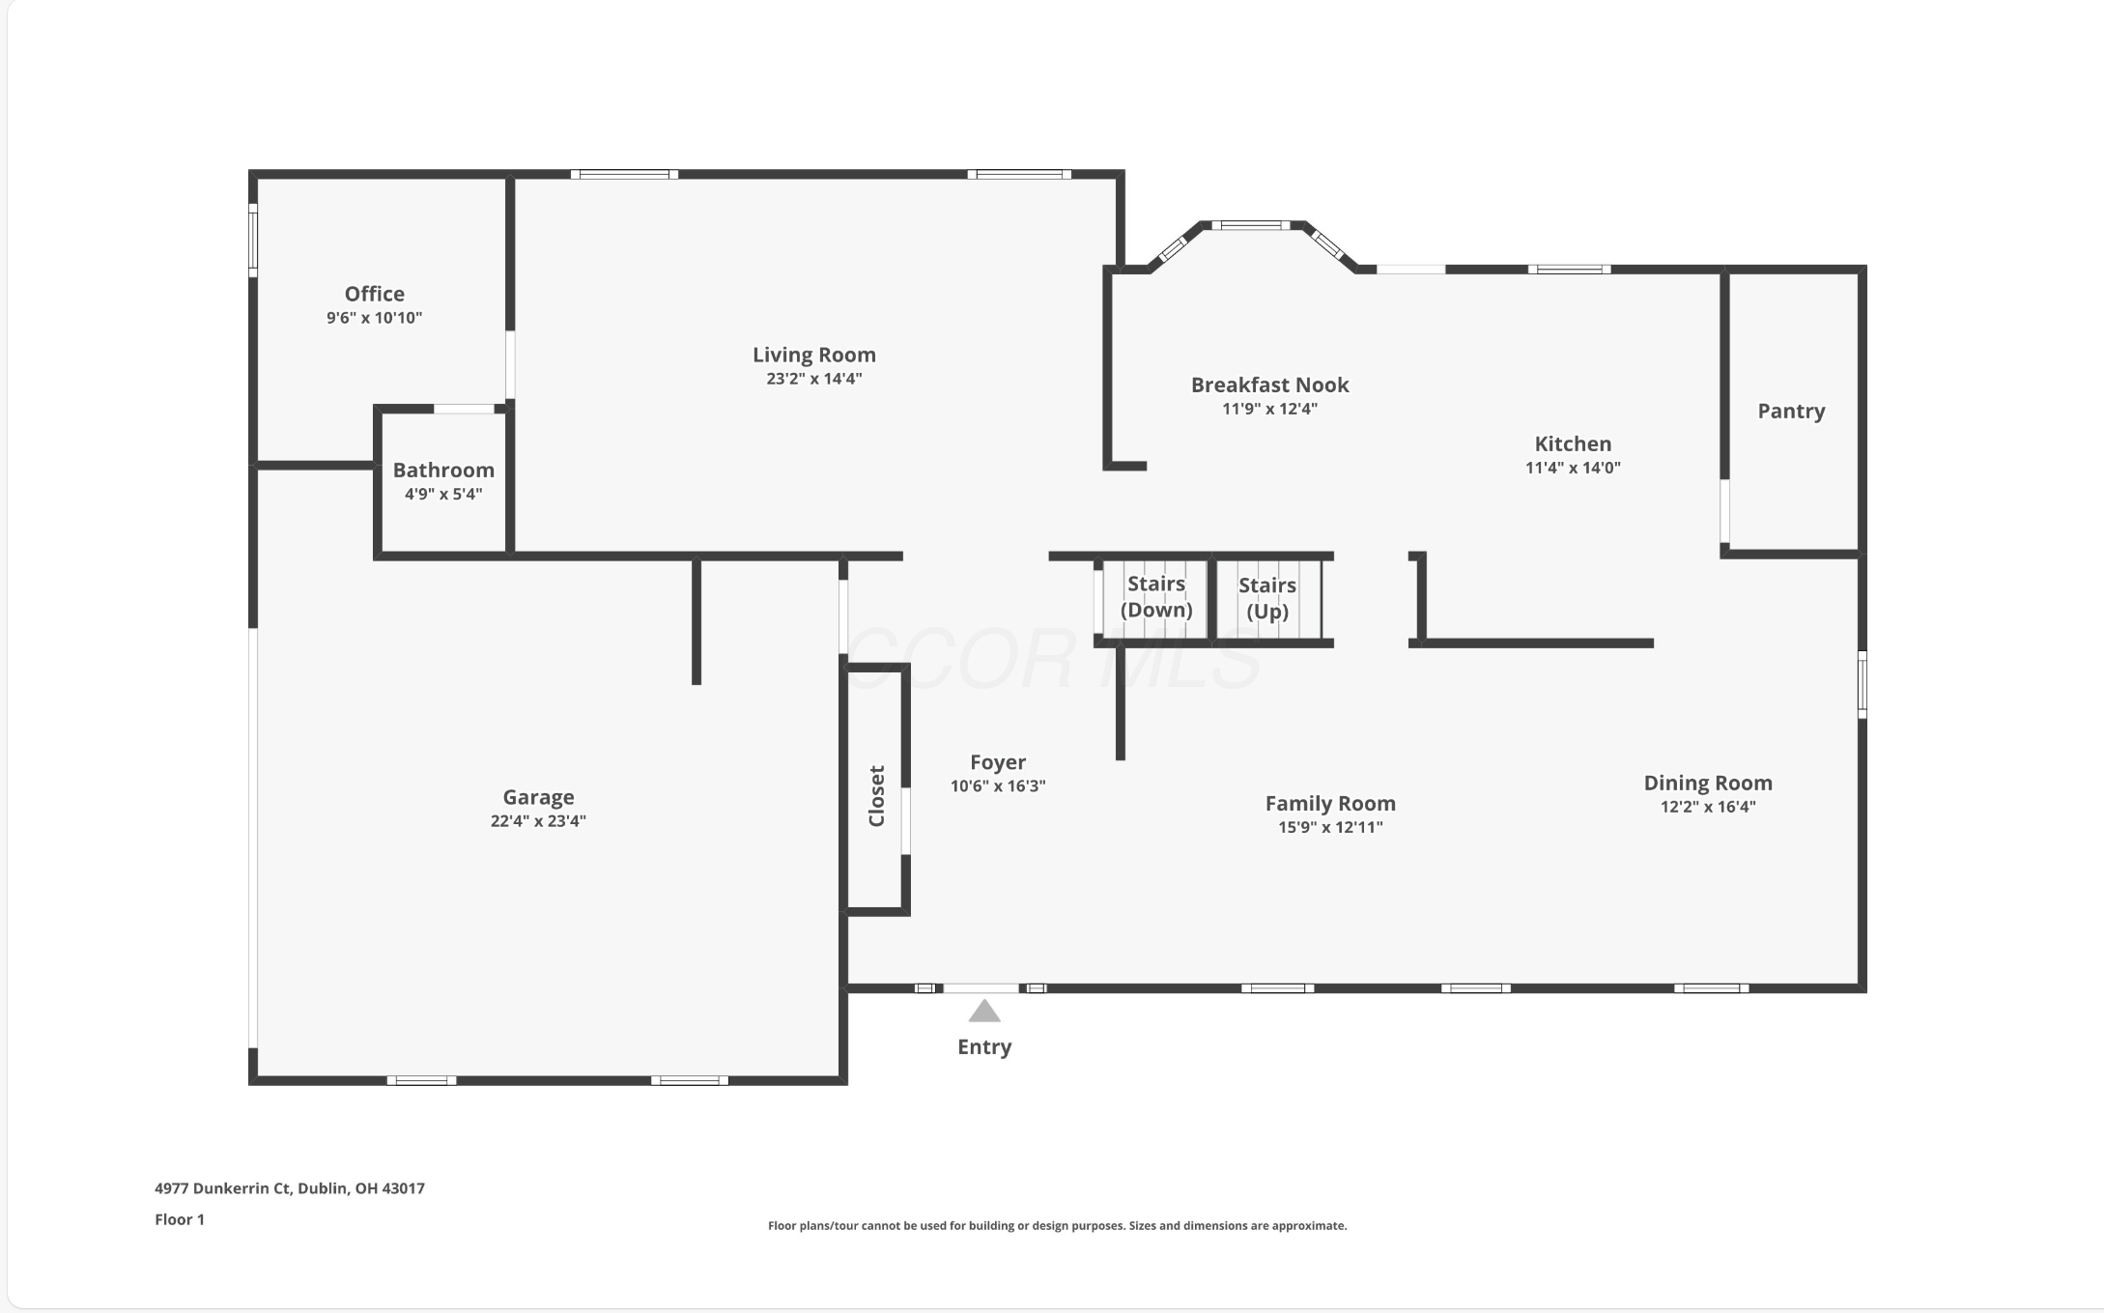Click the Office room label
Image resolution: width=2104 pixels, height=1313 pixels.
(374, 294)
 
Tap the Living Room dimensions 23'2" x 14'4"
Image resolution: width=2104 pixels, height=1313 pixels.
(813, 379)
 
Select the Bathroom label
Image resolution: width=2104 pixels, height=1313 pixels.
(443, 471)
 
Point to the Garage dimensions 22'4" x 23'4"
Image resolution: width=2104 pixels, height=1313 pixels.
(538, 821)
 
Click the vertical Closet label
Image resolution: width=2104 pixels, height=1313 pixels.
(876, 795)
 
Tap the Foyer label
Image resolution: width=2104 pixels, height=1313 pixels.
(997, 762)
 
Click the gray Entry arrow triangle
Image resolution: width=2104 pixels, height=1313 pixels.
(983, 1012)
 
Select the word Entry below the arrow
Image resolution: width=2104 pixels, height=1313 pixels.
(983, 1047)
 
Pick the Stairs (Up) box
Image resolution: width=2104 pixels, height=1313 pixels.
(1266, 598)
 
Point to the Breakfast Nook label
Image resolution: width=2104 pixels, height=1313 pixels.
(1269, 385)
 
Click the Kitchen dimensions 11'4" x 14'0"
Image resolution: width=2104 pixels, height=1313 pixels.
(1572, 468)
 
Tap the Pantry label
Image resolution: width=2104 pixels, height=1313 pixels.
(1790, 412)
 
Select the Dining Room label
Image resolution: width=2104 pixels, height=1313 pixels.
(1707, 784)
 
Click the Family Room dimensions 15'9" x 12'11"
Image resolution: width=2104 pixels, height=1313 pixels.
(1329, 827)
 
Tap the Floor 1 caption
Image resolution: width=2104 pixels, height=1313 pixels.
(180, 1219)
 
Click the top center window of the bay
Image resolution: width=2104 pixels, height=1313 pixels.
(1250, 225)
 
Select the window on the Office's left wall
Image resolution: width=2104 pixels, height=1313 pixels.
(253, 239)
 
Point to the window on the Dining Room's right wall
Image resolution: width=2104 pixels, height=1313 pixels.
(1862, 684)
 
